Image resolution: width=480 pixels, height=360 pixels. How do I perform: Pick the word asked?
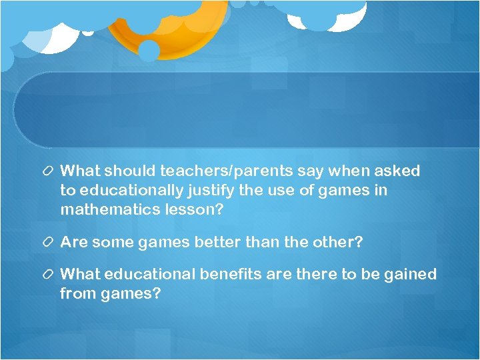(399, 171)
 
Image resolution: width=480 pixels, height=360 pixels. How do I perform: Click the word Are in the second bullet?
(73, 242)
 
